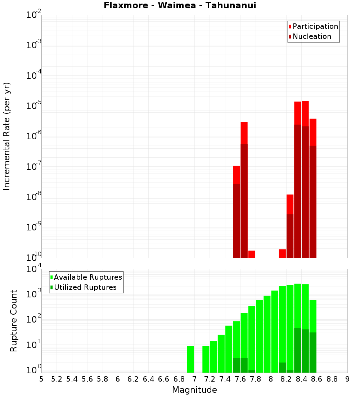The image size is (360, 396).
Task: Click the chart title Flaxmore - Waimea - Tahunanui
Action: (180, 5)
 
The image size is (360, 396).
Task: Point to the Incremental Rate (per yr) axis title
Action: (6, 136)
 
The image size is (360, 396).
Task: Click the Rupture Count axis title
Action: (14, 321)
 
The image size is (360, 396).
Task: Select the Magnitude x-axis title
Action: (194, 390)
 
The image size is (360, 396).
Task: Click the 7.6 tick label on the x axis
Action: (240, 379)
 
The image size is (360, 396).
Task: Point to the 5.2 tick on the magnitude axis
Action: (57, 379)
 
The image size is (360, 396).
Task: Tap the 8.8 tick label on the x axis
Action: (332, 379)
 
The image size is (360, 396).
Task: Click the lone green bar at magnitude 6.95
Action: (191, 359)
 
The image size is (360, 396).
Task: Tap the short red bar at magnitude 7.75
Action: (252, 254)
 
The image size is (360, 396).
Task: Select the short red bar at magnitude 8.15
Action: (282, 253)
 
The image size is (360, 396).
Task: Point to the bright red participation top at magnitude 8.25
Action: (290, 204)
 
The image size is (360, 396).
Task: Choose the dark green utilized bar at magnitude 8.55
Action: (313, 352)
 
